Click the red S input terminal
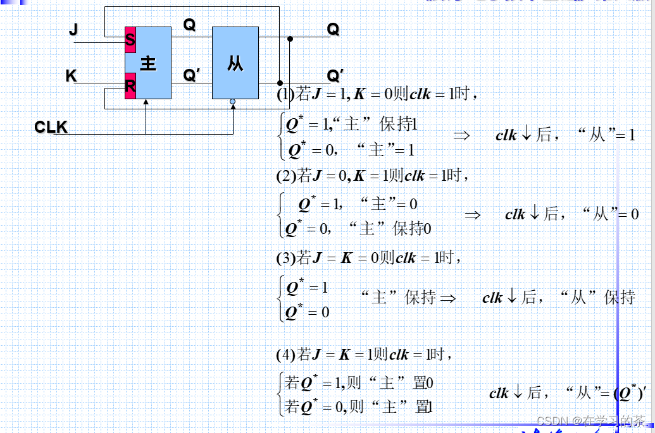point(130,40)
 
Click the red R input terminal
point(130,85)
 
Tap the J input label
point(73,29)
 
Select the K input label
point(71,76)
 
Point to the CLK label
point(51,127)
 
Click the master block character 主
point(148,63)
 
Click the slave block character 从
point(235,63)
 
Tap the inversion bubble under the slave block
point(233,101)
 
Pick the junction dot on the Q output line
point(290,39)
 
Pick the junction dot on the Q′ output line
point(280,83)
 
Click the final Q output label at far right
point(333,29)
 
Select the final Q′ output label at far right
point(335,76)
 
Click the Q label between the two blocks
point(189,25)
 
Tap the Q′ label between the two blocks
point(191,75)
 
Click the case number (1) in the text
point(285,95)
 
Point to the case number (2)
point(285,176)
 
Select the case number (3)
point(285,258)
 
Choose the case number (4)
point(285,355)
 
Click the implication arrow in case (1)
point(461,135)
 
